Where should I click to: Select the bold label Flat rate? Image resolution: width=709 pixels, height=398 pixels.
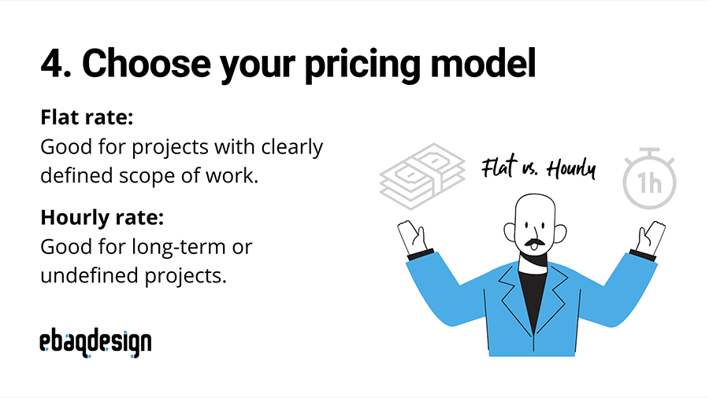click(87, 120)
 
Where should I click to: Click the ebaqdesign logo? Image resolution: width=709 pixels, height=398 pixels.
click(95, 342)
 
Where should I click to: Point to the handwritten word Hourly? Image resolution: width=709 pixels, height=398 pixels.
click(570, 169)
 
